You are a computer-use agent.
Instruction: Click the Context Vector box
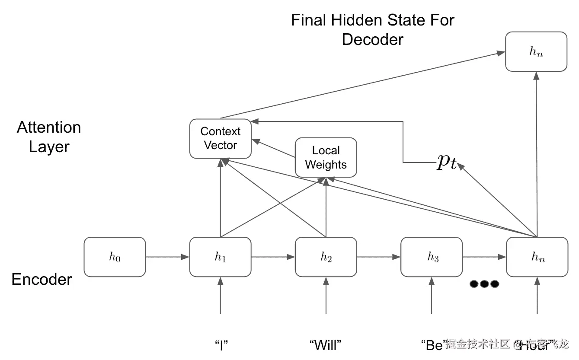(221, 138)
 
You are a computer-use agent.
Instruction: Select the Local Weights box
(326, 157)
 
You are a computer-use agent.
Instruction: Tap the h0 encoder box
(115, 257)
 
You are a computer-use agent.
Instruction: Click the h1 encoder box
(221, 257)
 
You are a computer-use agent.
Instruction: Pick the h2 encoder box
(326, 257)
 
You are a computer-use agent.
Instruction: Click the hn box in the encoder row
(537, 257)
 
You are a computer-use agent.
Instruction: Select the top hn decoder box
(536, 51)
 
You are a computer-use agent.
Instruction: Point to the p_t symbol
(447, 162)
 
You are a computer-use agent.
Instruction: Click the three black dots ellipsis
(484, 284)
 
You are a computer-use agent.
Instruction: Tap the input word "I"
(221, 345)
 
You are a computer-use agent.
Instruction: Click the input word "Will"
(326, 345)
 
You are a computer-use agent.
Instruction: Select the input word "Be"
(433, 345)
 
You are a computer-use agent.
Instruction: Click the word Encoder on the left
(42, 279)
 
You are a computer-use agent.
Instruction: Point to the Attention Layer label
(49, 137)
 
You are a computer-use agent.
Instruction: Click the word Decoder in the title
(372, 39)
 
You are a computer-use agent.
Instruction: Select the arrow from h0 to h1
(167, 257)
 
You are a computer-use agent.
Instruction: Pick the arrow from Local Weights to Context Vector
(273, 148)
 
